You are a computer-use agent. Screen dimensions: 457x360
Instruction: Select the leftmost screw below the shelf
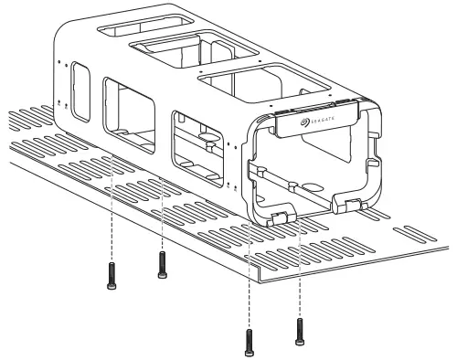coord(111,273)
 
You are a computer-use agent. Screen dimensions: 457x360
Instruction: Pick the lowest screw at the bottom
coord(249,341)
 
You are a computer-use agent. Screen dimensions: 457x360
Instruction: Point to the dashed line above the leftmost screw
coord(111,215)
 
